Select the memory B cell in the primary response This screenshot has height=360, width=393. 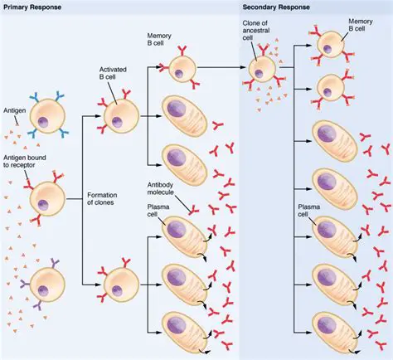(x=183, y=70)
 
